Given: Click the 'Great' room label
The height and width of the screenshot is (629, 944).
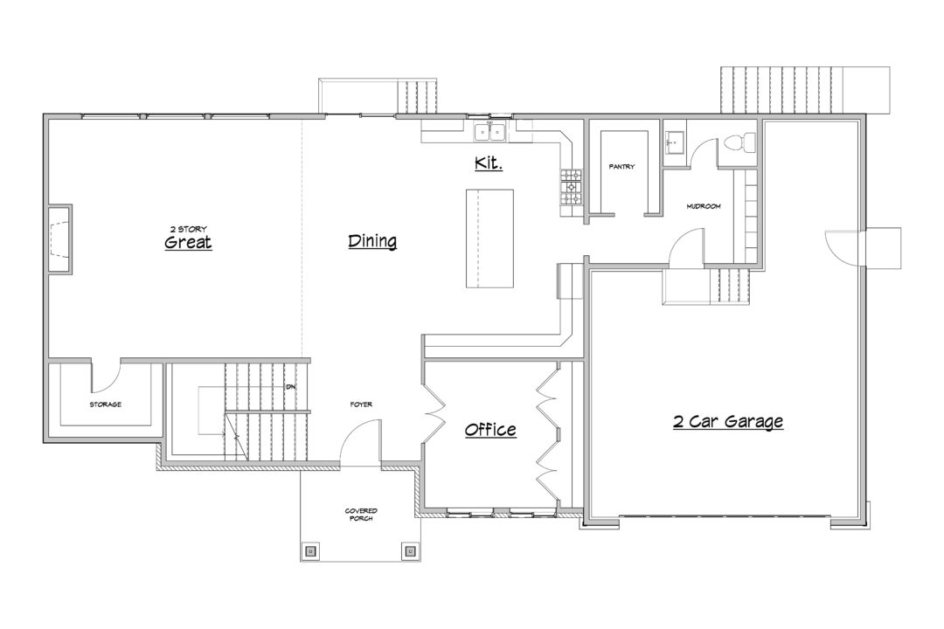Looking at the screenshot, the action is pos(188,242).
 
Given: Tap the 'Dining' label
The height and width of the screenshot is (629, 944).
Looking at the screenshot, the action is pos(372,241).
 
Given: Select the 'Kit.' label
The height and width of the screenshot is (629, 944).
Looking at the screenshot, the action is pos(489,162).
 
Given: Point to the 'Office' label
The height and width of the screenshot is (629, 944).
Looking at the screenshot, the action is pos(490,429).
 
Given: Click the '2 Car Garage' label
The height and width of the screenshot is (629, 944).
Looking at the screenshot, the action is pos(728,421).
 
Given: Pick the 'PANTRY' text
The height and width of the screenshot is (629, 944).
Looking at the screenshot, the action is pos(621,167).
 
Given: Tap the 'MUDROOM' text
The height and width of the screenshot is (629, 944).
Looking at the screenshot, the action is pos(703,206).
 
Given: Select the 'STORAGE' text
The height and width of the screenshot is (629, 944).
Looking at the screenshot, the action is pos(106,404).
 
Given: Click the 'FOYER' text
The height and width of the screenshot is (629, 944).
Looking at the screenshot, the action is pos(361,404).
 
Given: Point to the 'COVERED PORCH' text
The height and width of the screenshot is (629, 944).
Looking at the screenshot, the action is pos(361,515).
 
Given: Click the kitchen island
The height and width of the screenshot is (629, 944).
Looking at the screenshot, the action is pos(489,238).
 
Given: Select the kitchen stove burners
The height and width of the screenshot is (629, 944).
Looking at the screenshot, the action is pos(572,187).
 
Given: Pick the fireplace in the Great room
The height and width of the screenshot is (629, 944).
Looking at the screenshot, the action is pos(59,239).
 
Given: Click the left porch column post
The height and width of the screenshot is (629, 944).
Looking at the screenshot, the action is pos(310,550).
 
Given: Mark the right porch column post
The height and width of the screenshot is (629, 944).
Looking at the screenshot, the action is pos(410,550).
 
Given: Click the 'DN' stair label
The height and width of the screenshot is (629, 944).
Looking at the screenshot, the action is pos(291,386).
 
